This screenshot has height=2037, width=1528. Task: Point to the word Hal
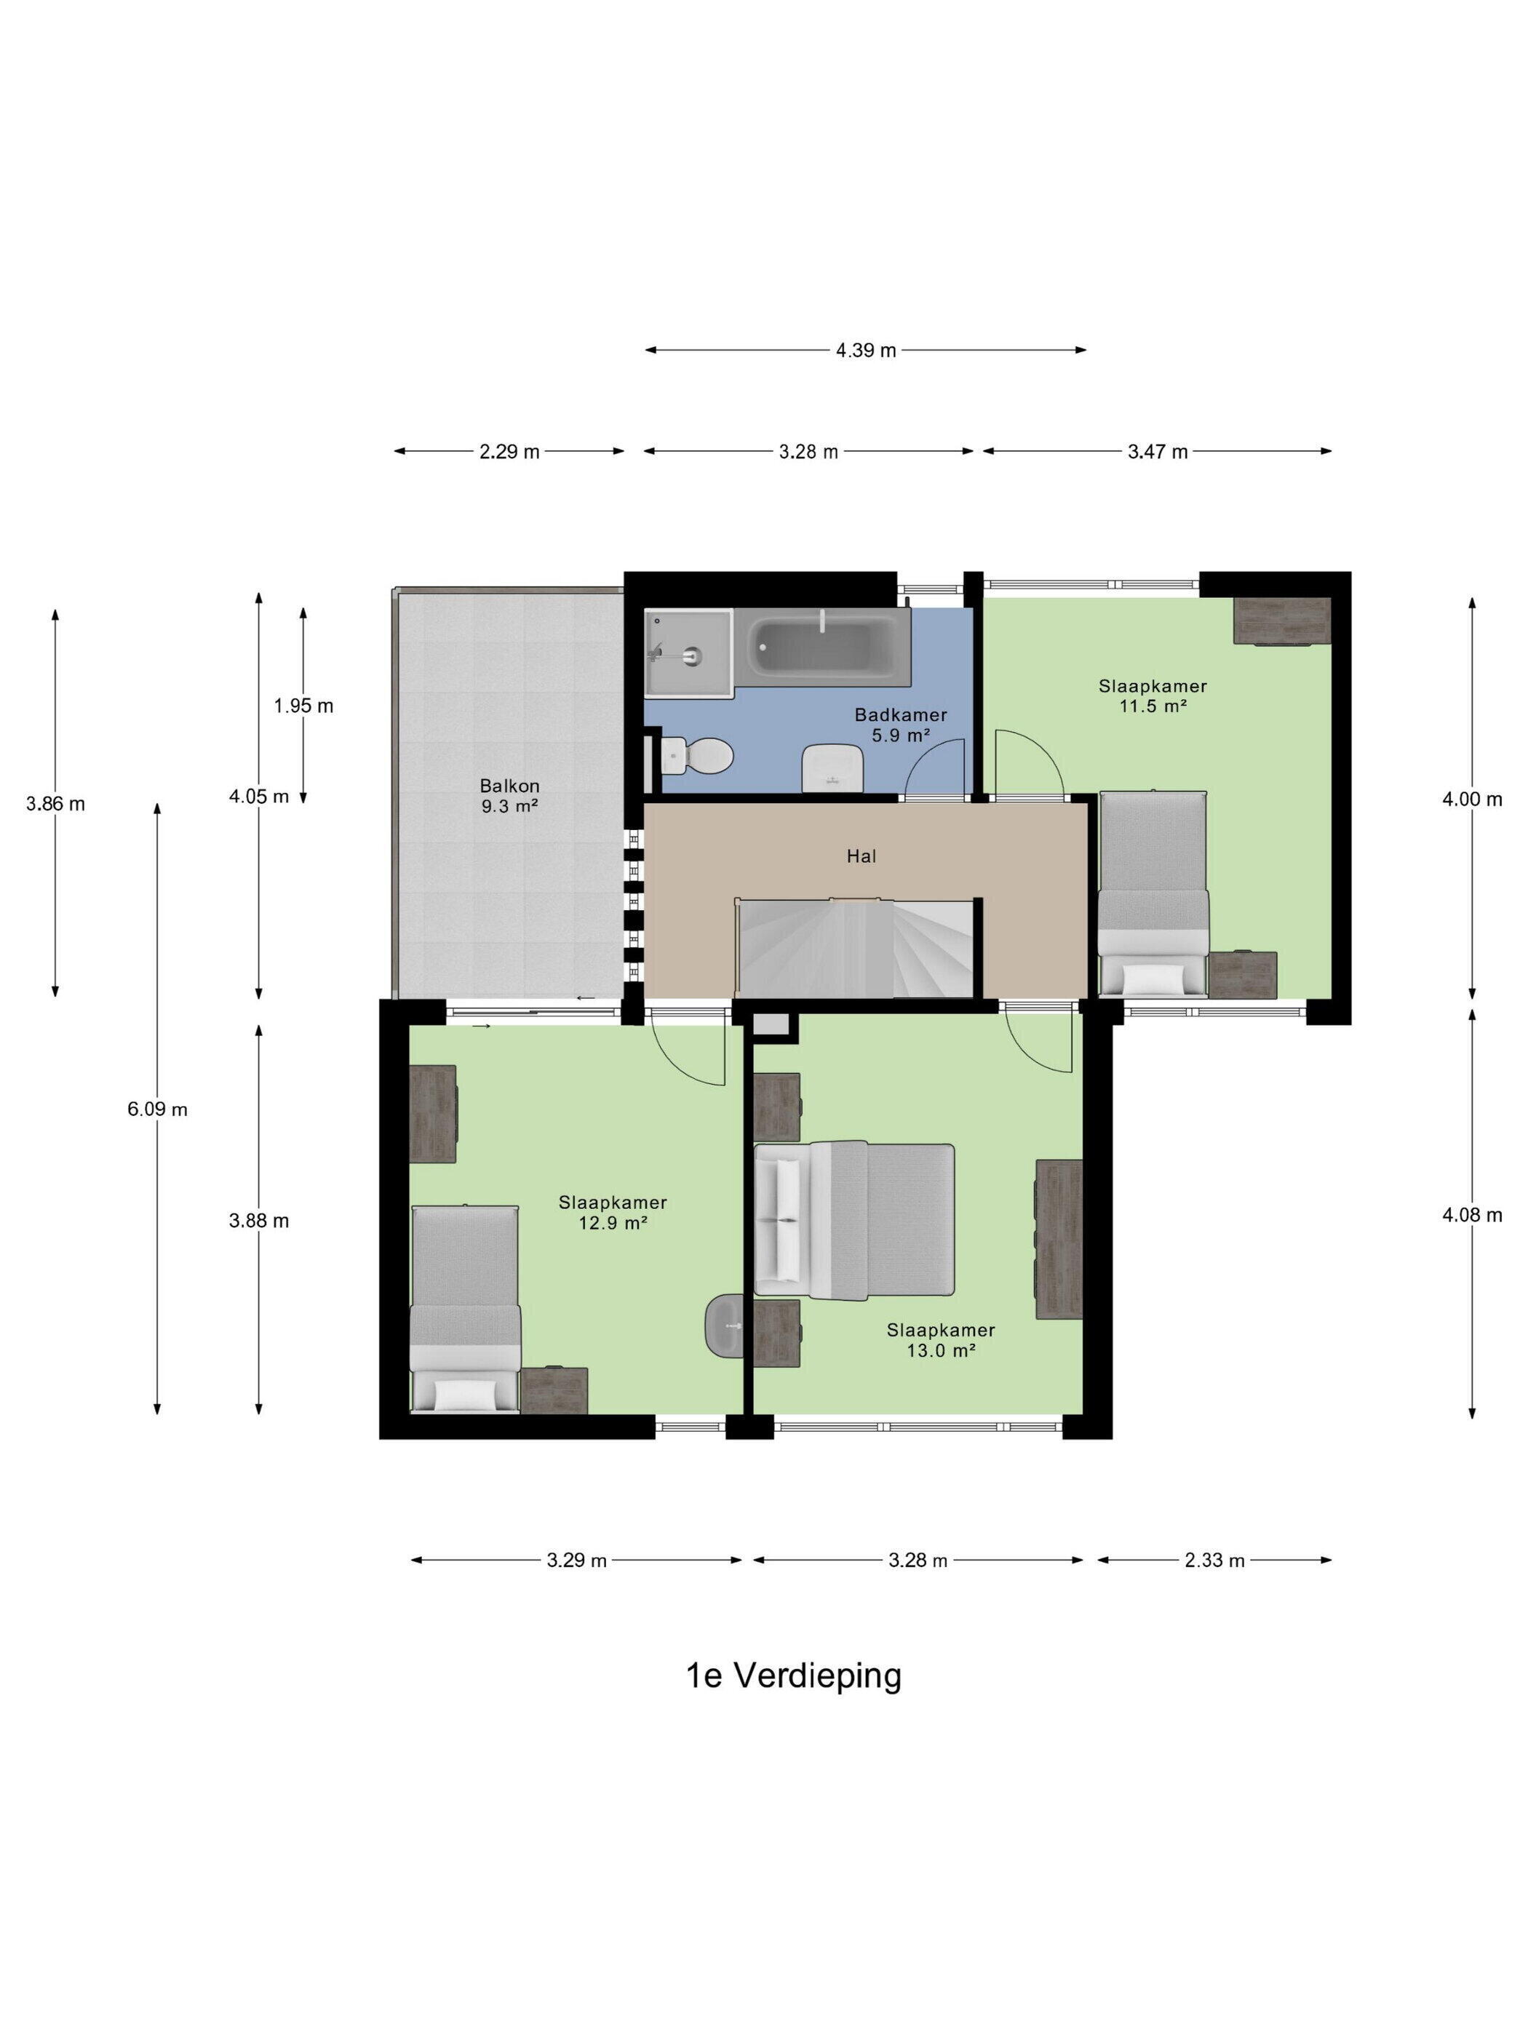click(862, 856)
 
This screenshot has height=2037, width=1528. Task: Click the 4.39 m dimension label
click(866, 350)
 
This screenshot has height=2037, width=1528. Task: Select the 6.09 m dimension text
click(157, 1109)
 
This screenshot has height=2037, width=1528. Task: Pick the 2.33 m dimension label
click(1214, 1560)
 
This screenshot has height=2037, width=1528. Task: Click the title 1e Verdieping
click(794, 1675)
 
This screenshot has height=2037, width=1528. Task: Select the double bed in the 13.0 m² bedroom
click(853, 1220)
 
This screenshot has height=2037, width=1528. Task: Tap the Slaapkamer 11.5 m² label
click(1153, 696)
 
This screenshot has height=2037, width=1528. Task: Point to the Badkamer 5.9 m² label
click(900, 725)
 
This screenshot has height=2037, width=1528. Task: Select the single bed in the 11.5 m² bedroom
click(1153, 893)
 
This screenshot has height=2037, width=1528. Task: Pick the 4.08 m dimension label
click(1472, 1215)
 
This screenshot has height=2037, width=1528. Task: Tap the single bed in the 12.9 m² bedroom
click(465, 1309)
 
